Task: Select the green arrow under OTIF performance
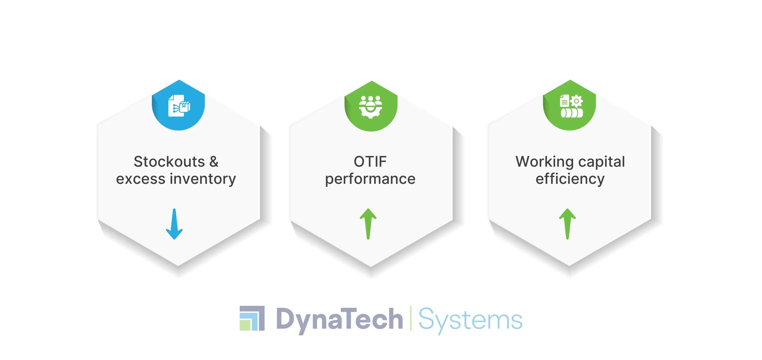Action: [x=368, y=224]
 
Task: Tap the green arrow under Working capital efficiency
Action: [x=567, y=224]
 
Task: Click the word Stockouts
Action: [x=169, y=162]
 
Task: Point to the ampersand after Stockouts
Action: [x=214, y=162]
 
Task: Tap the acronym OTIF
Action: [x=370, y=162]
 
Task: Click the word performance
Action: [x=370, y=179]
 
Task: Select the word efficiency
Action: [x=570, y=179]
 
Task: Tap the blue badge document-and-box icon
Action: [x=179, y=106]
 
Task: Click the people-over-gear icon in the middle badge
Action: [x=371, y=107]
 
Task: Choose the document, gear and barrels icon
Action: [x=571, y=106]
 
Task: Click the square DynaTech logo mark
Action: [x=252, y=318]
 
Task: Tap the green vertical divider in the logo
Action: [x=410, y=318]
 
